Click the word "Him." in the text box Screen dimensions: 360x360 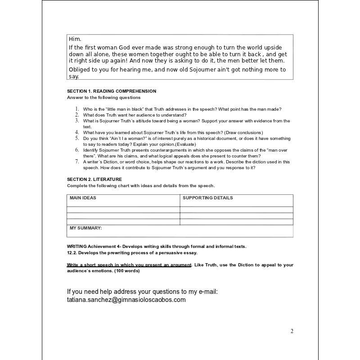pos(75,39)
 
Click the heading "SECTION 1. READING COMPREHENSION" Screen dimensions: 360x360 pos(112,91)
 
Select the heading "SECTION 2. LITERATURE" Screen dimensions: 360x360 pos(94,180)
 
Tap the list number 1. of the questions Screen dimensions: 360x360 pos(77,109)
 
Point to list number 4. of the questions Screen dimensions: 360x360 pos(77,132)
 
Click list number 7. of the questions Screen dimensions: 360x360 pos(77,162)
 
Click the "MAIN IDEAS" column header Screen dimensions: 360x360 pos(83,198)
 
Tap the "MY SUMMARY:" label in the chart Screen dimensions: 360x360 pos(85,228)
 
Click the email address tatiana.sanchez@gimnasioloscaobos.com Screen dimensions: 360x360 pos(126,300)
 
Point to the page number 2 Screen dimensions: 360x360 pos(292,331)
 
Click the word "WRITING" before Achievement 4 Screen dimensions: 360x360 pos(77,246)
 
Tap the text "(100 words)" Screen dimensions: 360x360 pos(127,271)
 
